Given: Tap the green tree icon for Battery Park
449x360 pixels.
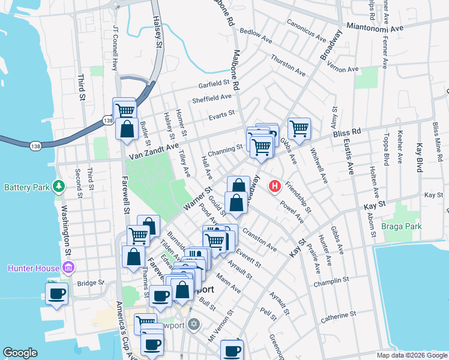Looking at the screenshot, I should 59,187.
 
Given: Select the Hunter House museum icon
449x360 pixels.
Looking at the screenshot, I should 67,267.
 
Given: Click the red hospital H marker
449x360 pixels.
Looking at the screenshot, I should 275,187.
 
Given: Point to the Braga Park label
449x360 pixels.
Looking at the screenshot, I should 402,226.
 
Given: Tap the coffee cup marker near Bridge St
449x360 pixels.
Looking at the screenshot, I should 56,294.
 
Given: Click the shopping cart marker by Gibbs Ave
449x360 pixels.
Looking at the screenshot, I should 299,127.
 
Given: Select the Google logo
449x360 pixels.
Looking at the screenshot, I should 20,353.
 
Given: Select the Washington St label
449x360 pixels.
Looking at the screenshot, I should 65,228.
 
